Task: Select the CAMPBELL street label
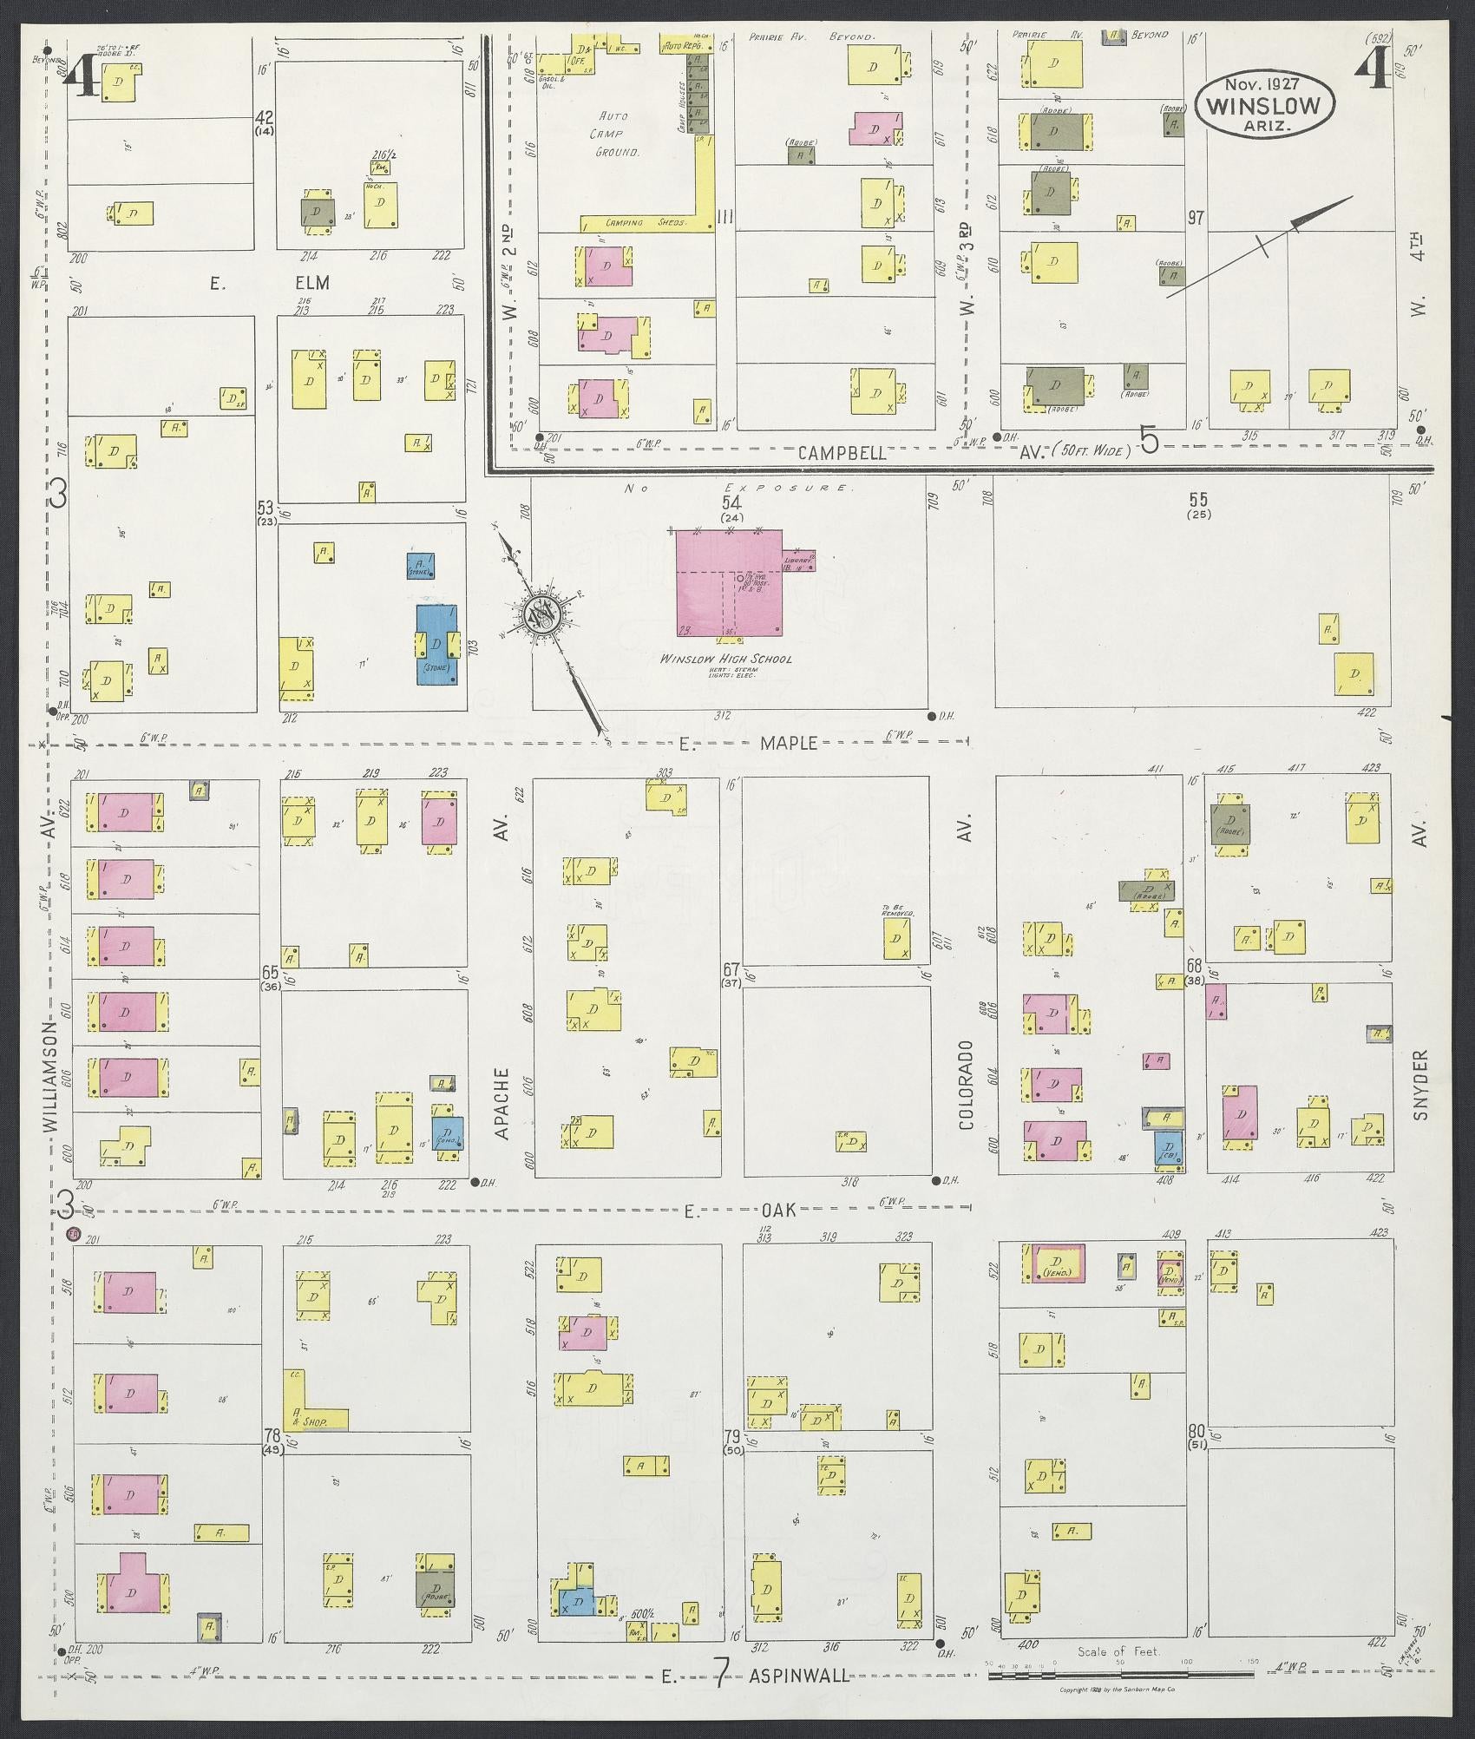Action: [842, 452]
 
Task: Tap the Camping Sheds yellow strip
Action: [638, 222]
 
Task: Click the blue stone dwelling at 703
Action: [436, 644]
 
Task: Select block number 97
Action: [1196, 217]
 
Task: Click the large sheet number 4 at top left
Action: [85, 75]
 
